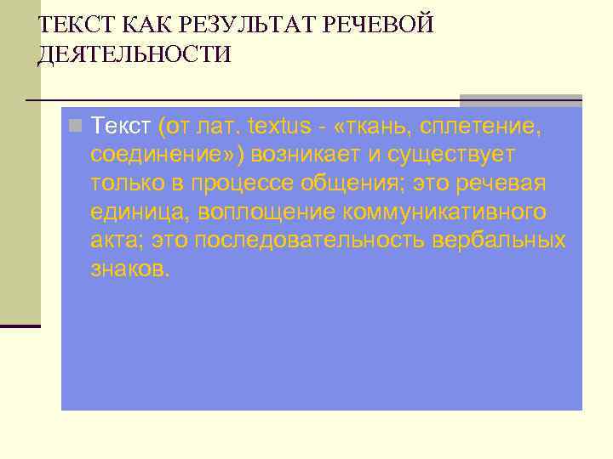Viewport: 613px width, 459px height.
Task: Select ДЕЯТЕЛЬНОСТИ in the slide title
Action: [x=135, y=55]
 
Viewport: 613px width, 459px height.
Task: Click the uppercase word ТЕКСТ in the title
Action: [x=73, y=24]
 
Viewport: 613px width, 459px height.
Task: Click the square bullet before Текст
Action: [x=76, y=127]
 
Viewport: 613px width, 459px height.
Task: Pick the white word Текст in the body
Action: [x=122, y=127]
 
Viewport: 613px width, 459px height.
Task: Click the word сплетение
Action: [x=485, y=127]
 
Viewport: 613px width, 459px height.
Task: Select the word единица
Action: [x=136, y=212]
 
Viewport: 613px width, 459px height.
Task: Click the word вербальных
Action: [x=498, y=241]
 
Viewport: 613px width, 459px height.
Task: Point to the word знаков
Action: [x=130, y=269]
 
